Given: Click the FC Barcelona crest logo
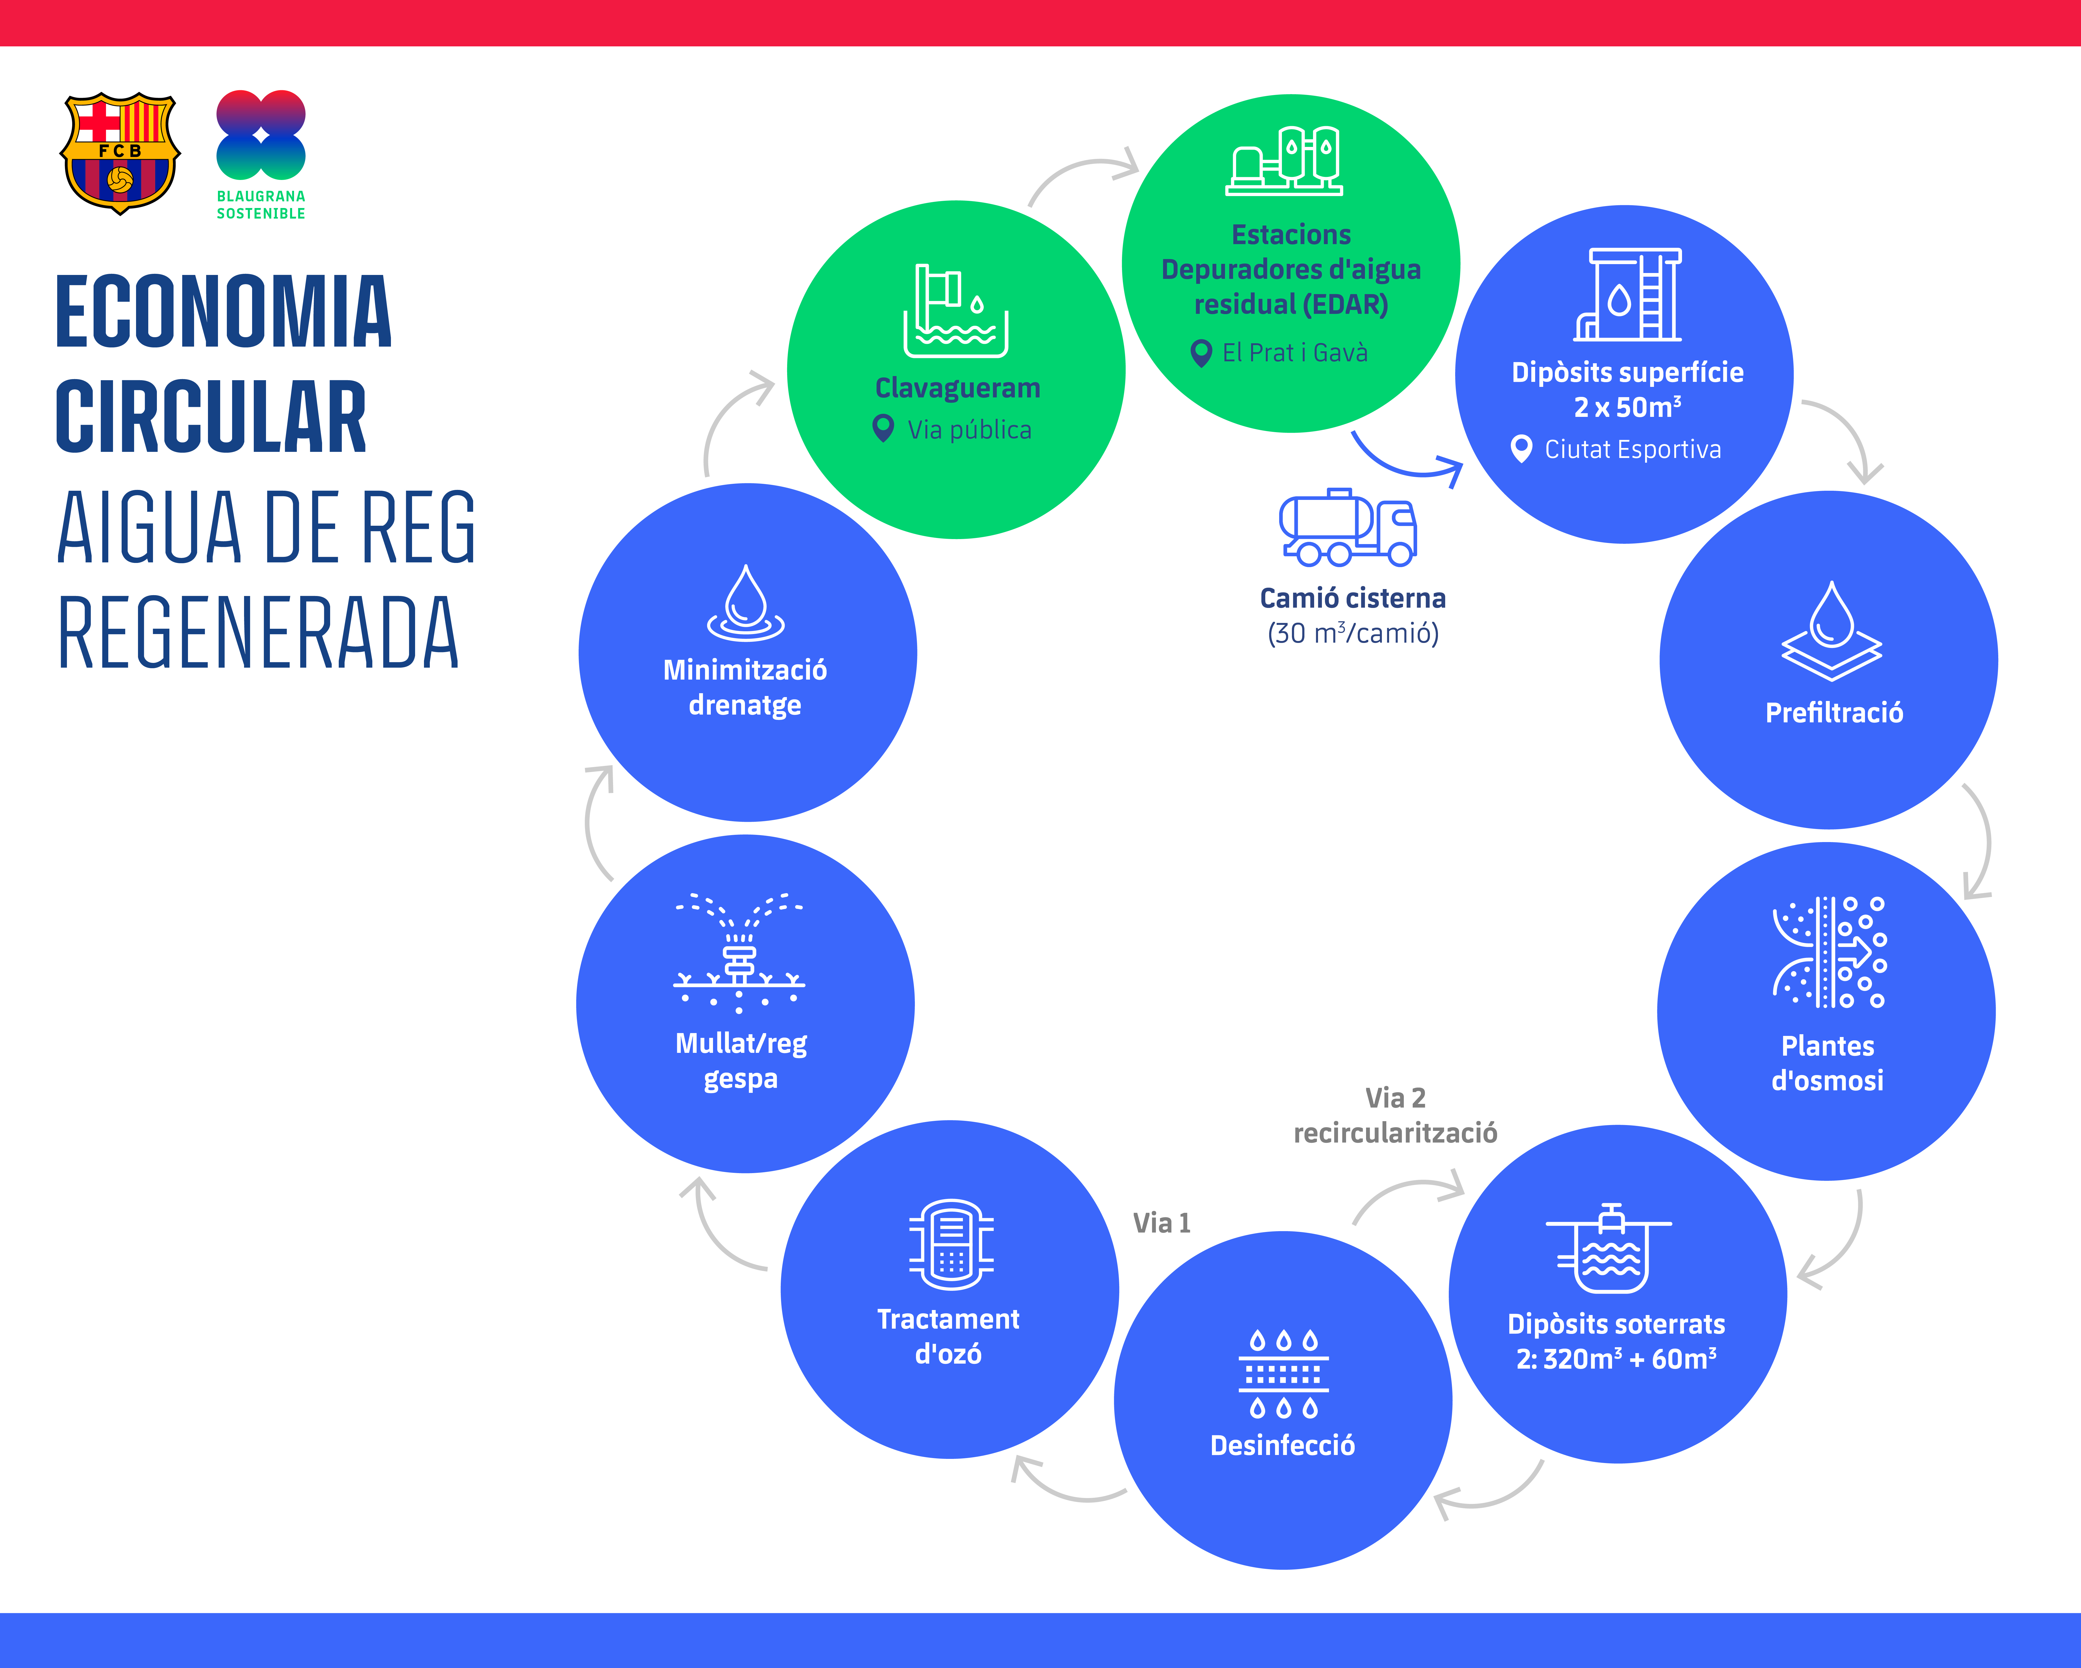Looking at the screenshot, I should click(120, 152).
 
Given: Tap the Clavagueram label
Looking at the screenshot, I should click(958, 388).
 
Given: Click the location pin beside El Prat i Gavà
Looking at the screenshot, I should click(1201, 353).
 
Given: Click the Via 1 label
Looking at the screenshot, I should click(1161, 1223).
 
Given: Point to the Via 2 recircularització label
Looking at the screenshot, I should click(1395, 1115).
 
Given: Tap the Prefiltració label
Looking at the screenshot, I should click(1834, 713).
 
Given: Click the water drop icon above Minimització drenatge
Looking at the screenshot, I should click(745, 603).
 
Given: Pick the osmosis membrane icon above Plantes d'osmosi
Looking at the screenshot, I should click(1829, 953).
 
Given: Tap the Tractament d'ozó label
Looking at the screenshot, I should click(948, 1337).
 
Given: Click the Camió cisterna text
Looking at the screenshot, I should click(1352, 598).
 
